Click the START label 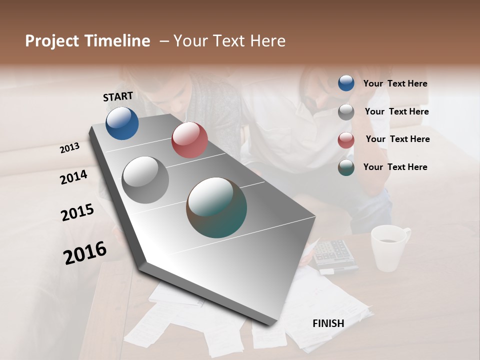(x=118, y=96)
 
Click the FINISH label (x=328, y=323)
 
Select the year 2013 (x=70, y=147)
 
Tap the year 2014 (x=73, y=177)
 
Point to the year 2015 (x=77, y=212)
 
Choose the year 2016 (x=85, y=252)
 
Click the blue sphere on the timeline (x=122, y=123)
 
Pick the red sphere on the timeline (x=189, y=140)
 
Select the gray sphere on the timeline (x=145, y=179)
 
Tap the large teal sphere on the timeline (x=216, y=207)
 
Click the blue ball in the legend (x=346, y=83)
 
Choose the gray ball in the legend (x=346, y=112)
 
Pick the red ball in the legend (x=346, y=140)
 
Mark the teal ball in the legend (x=346, y=168)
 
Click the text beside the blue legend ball (x=395, y=83)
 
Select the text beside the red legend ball (x=397, y=139)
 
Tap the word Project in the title (x=52, y=41)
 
